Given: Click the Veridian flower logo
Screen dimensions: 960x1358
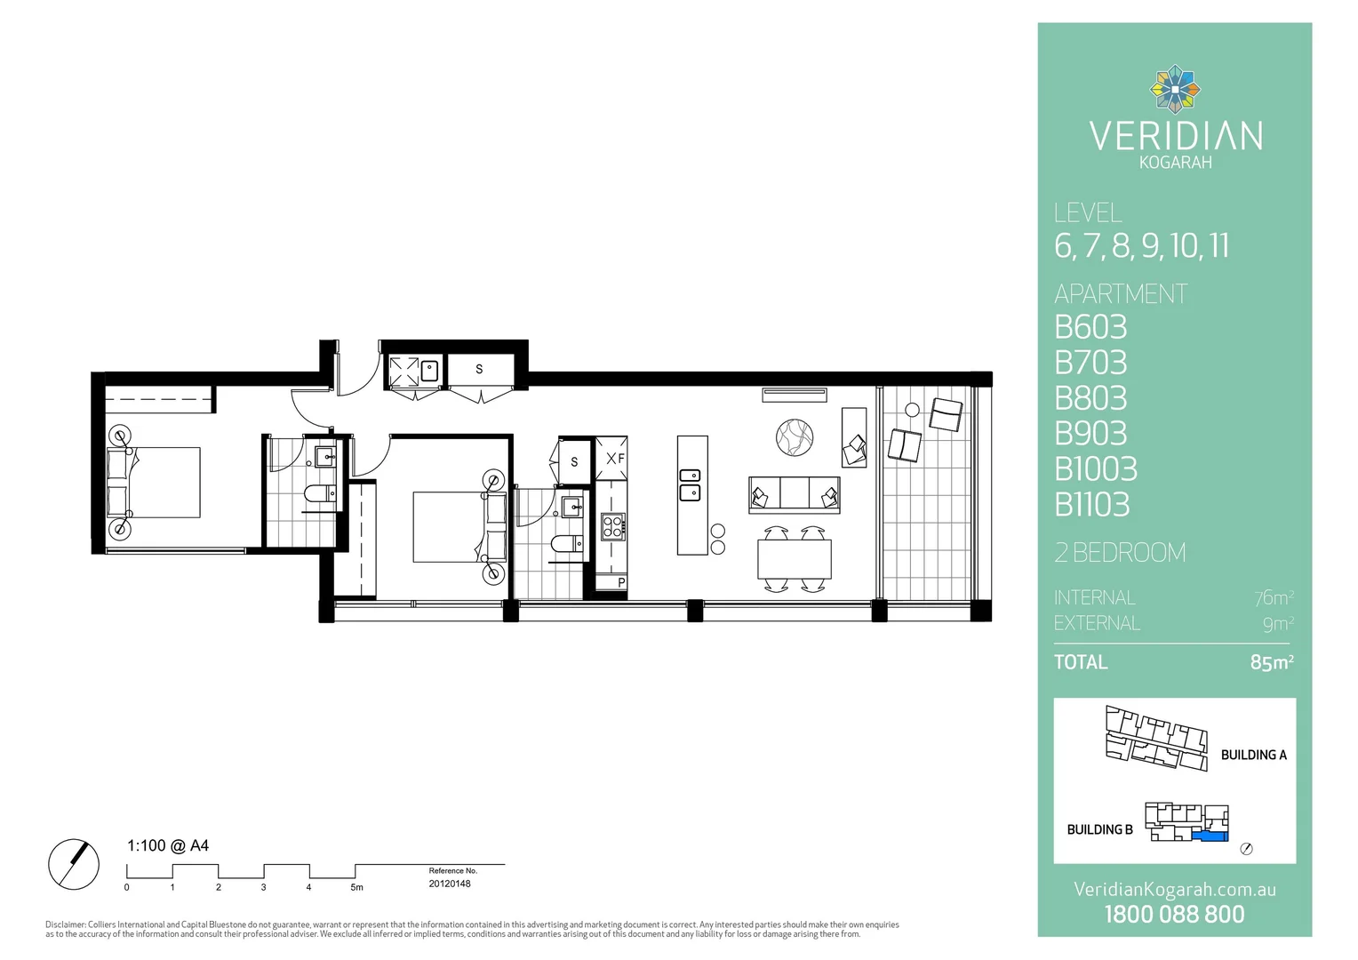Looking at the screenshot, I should pos(1175,89).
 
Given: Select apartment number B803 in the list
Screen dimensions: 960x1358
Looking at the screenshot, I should pos(1090,398).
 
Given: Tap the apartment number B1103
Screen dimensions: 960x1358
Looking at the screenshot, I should pos(1092,505).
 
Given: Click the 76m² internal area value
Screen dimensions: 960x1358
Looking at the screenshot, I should pos(1274,598).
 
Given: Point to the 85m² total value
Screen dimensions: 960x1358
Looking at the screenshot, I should pos(1271,662).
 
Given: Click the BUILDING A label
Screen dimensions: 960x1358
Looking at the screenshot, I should pos(1253,755).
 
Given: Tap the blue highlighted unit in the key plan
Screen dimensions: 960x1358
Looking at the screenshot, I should pos(1210,836).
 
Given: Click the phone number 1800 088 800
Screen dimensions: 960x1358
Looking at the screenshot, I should pos(1174,915).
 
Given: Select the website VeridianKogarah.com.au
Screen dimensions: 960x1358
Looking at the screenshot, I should pos(1174,890).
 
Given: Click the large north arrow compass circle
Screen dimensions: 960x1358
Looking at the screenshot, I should pos(74,864).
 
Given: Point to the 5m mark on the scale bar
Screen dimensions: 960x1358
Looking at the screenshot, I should pos(356,887).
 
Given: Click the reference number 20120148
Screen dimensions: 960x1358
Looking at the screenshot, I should pos(450,884).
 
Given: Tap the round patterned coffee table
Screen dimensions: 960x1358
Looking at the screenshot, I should pos(795,437).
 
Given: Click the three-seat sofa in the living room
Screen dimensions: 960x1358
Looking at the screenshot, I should pos(794,494).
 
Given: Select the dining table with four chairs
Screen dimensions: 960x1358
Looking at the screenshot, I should pos(794,559).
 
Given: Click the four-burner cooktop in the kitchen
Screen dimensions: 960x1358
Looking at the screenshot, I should pos(613,527).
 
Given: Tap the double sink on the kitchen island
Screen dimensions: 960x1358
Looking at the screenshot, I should pos(690,484).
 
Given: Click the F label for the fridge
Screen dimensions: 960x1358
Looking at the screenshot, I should pos(620,459).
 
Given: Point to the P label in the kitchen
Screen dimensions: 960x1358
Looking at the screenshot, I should pos(621,583).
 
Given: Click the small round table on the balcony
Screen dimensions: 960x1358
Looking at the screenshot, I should pos(912,410).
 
